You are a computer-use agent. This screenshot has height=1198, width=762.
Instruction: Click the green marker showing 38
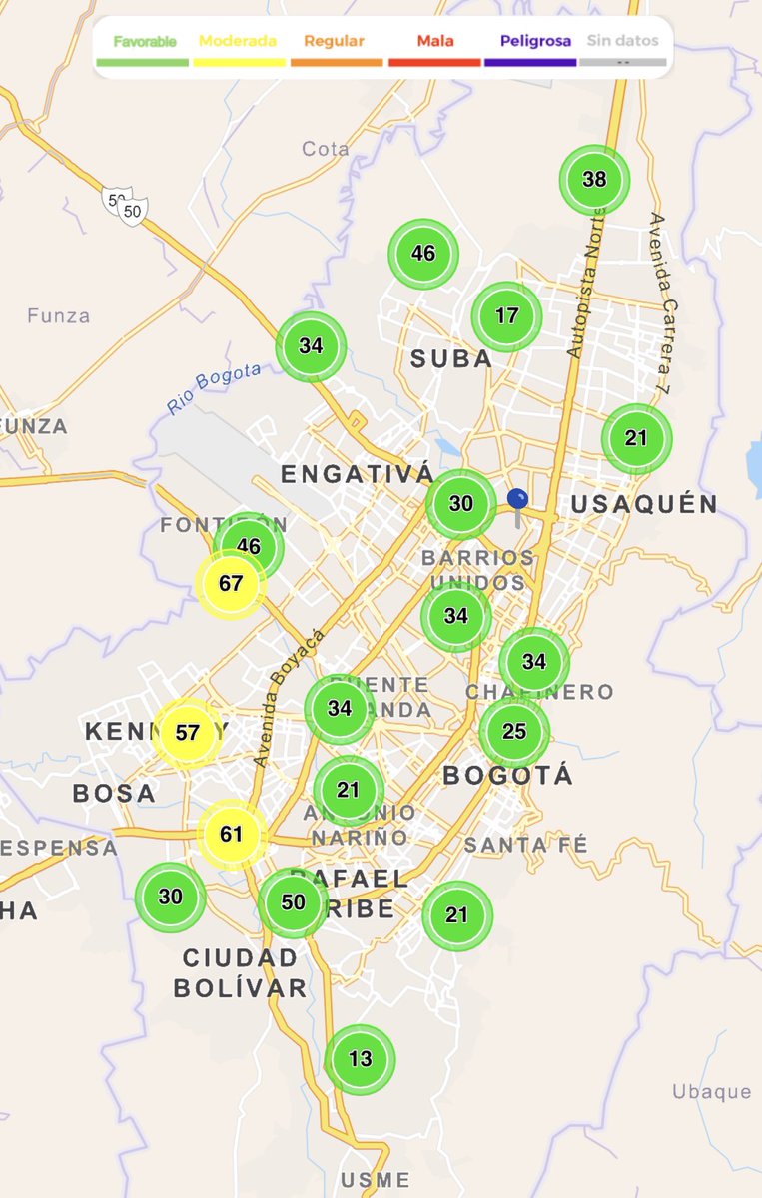(594, 180)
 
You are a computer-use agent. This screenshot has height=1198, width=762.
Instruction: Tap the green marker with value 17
(506, 316)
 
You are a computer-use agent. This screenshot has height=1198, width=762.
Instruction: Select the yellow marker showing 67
(231, 584)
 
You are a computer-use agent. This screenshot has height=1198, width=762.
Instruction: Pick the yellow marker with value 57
(187, 732)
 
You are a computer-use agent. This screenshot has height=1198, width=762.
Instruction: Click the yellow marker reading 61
(232, 834)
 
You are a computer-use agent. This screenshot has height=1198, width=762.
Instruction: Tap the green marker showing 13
(360, 1059)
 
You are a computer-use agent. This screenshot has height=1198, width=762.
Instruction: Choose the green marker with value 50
(293, 902)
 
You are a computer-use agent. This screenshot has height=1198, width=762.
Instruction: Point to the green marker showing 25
(514, 732)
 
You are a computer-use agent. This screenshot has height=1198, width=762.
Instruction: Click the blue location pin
(517, 501)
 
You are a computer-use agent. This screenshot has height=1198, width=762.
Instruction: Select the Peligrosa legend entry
(530, 42)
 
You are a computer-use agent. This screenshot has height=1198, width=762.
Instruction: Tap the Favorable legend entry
(144, 42)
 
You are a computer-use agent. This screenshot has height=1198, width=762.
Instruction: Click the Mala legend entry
(434, 42)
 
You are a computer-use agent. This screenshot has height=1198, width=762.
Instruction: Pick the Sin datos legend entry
(623, 42)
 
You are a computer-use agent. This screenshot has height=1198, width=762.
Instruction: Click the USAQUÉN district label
(644, 505)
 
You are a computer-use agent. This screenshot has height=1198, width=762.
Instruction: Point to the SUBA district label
(451, 359)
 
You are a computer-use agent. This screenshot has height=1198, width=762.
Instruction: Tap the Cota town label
(326, 149)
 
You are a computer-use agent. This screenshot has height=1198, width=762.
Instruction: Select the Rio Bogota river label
(214, 389)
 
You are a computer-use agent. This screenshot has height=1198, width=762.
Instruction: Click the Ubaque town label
(711, 1091)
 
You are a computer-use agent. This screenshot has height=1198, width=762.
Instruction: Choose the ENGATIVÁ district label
(358, 474)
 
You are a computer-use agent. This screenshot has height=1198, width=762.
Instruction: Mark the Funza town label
(59, 316)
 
